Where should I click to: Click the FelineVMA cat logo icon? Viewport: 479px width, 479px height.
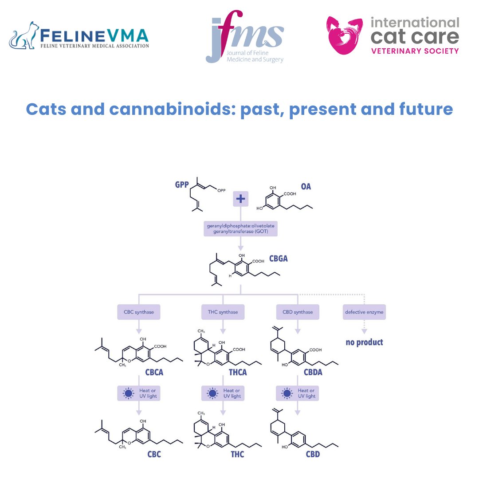pyautogui.click(x=24, y=35)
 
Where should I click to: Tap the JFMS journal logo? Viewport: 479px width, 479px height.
pyautogui.click(x=244, y=40)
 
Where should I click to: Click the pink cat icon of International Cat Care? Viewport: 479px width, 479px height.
pyautogui.click(x=345, y=35)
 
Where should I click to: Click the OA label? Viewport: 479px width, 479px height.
pyautogui.click(x=306, y=187)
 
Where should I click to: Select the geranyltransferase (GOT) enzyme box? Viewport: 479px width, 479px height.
pyautogui.click(x=240, y=229)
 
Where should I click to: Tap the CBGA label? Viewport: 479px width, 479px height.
pyautogui.click(x=278, y=258)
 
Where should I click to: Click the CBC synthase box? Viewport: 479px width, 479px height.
pyautogui.click(x=139, y=312)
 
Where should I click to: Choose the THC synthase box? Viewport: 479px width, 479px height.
pyautogui.click(x=223, y=312)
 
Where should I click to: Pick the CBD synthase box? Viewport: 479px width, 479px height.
pyautogui.click(x=298, y=312)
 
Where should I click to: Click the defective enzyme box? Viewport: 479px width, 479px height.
pyautogui.click(x=364, y=312)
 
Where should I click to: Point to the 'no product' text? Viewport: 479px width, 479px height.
pyautogui.click(x=364, y=342)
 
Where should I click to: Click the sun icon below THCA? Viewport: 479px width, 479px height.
pyautogui.click(x=212, y=393)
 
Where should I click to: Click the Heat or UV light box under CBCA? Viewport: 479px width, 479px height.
pyautogui.click(x=139, y=393)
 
